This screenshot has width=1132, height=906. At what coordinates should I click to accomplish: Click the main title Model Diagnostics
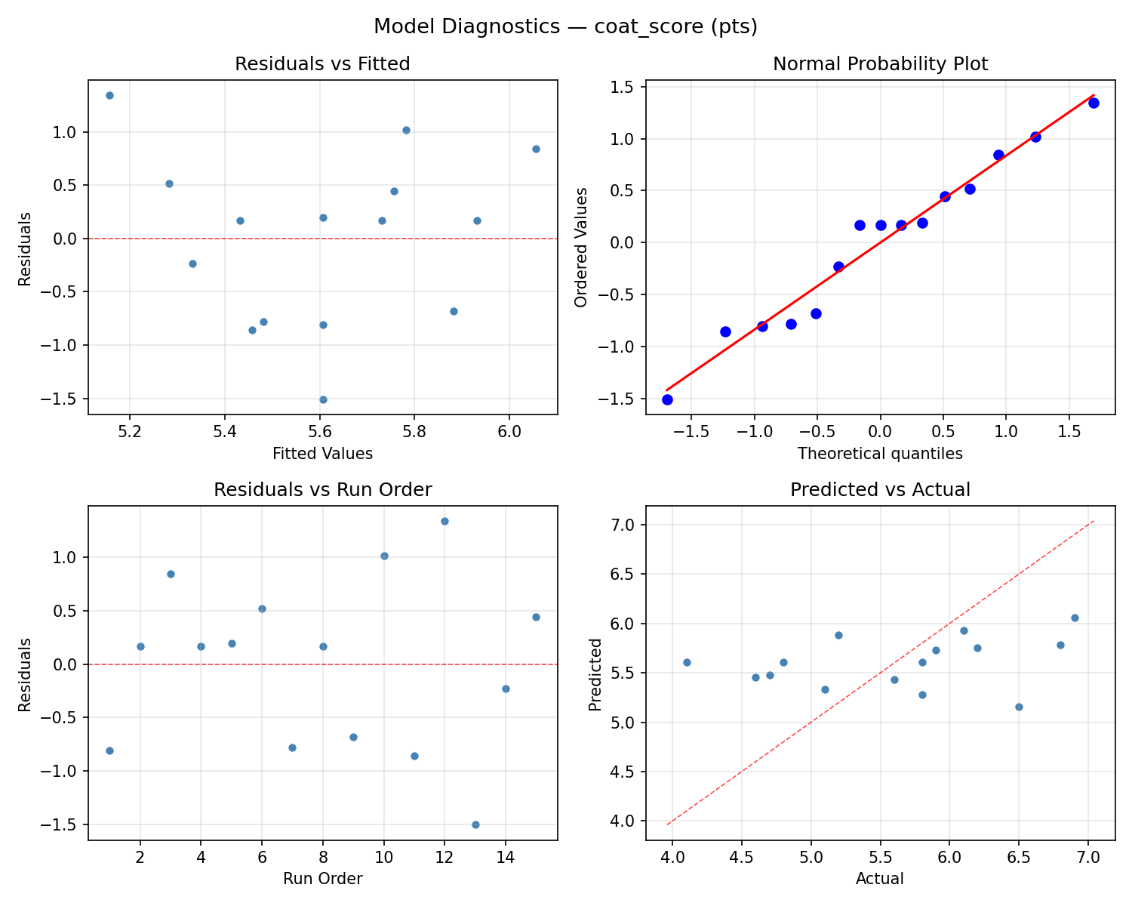click(x=565, y=27)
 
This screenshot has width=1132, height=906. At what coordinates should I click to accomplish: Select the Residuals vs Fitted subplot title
click(x=322, y=64)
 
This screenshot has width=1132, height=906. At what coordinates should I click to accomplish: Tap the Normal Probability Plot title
click(x=880, y=64)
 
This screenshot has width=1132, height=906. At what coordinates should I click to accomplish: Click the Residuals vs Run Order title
click(x=322, y=490)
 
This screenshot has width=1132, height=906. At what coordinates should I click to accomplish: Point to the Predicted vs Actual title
click(x=880, y=490)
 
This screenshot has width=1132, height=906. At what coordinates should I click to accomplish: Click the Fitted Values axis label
click(x=322, y=454)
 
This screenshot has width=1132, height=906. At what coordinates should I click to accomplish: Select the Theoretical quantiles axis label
click(x=880, y=454)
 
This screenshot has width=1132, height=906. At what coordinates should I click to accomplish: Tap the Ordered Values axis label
click(x=580, y=248)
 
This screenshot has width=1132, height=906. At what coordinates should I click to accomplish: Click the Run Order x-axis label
click(x=322, y=879)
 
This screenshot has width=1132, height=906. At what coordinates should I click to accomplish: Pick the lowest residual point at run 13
click(x=475, y=824)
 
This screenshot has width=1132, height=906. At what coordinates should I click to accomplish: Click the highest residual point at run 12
click(x=444, y=521)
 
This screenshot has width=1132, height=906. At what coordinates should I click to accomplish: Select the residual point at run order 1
click(x=109, y=750)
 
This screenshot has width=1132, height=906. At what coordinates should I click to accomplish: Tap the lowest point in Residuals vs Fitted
click(x=323, y=399)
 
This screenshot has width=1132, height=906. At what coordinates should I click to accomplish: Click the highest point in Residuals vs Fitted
click(x=109, y=95)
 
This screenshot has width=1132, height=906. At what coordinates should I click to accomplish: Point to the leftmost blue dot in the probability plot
click(x=667, y=399)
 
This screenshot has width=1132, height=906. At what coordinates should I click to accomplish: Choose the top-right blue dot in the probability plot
click(x=1094, y=103)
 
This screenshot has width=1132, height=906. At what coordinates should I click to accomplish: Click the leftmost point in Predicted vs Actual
click(x=687, y=662)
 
